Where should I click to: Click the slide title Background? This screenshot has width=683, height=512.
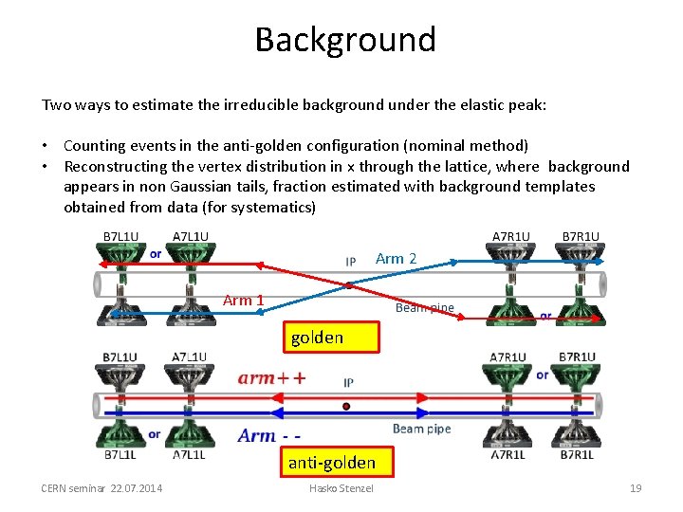pyautogui.click(x=345, y=40)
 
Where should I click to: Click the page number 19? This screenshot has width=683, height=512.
pyautogui.click(x=636, y=488)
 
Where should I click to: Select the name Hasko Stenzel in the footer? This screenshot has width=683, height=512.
pyautogui.click(x=341, y=488)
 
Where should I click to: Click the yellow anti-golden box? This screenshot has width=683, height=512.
pyautogui.click(x=331, y=463)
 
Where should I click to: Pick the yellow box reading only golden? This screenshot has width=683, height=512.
pyautogui.click(x=317, y=338)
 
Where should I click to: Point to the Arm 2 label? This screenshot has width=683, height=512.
pyautogui.click(x=396, y=258)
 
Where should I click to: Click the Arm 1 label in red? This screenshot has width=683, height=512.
pyautogui.click(x=243, y=301)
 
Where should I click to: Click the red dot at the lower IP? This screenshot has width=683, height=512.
pyautogui.click(x=346, y=407)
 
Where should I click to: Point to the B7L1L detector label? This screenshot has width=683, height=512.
pyautogui.click(x=120, y=455)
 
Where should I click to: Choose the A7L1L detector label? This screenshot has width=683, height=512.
pyautogui.click(x=190, y=455)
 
